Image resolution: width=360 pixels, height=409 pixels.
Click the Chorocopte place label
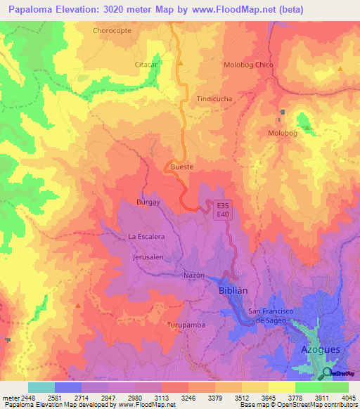coord(112,30)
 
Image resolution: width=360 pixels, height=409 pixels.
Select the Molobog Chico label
coord(248,65)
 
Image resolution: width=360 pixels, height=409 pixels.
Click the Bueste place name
coord(182,167)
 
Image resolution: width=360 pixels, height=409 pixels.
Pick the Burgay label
coord(148,202)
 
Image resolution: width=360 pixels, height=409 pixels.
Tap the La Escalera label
coord(146,236)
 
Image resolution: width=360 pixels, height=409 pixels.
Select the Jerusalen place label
coord(148,257)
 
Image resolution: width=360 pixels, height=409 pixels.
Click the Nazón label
coord(194,275)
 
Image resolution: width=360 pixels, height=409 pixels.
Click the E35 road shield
coord(224,205)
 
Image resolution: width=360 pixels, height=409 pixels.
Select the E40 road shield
coord(224,214)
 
